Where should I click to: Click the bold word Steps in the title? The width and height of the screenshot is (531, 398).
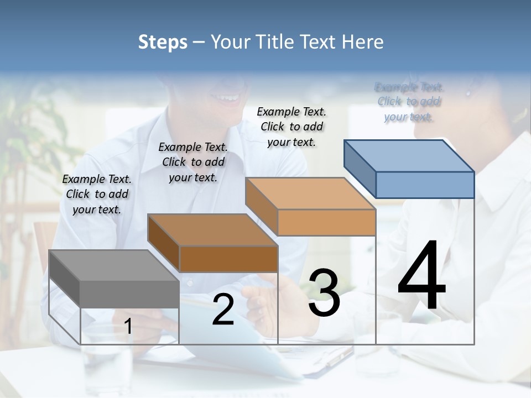coord(163,42)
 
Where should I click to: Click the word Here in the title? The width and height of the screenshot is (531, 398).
coord(362,42)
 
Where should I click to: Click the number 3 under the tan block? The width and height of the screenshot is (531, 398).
coord(324,293)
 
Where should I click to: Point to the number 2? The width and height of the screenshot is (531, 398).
coord(223,310)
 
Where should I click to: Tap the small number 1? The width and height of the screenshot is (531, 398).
coord(128,327)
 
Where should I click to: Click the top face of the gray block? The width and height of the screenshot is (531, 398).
coord(113,265)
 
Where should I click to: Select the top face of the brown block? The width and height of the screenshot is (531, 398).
coord(212,229)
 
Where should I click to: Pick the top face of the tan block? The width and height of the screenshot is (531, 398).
coord(310,193)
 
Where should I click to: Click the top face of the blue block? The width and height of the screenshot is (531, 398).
coord(409,155)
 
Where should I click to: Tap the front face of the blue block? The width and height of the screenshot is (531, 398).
coord(425,185)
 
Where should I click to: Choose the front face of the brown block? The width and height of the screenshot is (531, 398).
coord(228,259)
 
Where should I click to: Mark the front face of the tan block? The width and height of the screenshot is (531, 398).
coord(326,223)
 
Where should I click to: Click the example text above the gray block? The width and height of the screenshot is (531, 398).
coord(97,194)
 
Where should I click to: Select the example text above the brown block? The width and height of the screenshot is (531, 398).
coord(193,162)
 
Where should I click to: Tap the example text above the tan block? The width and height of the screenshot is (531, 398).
coord(291,127)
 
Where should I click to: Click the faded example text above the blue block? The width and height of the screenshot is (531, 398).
coord(409,102)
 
